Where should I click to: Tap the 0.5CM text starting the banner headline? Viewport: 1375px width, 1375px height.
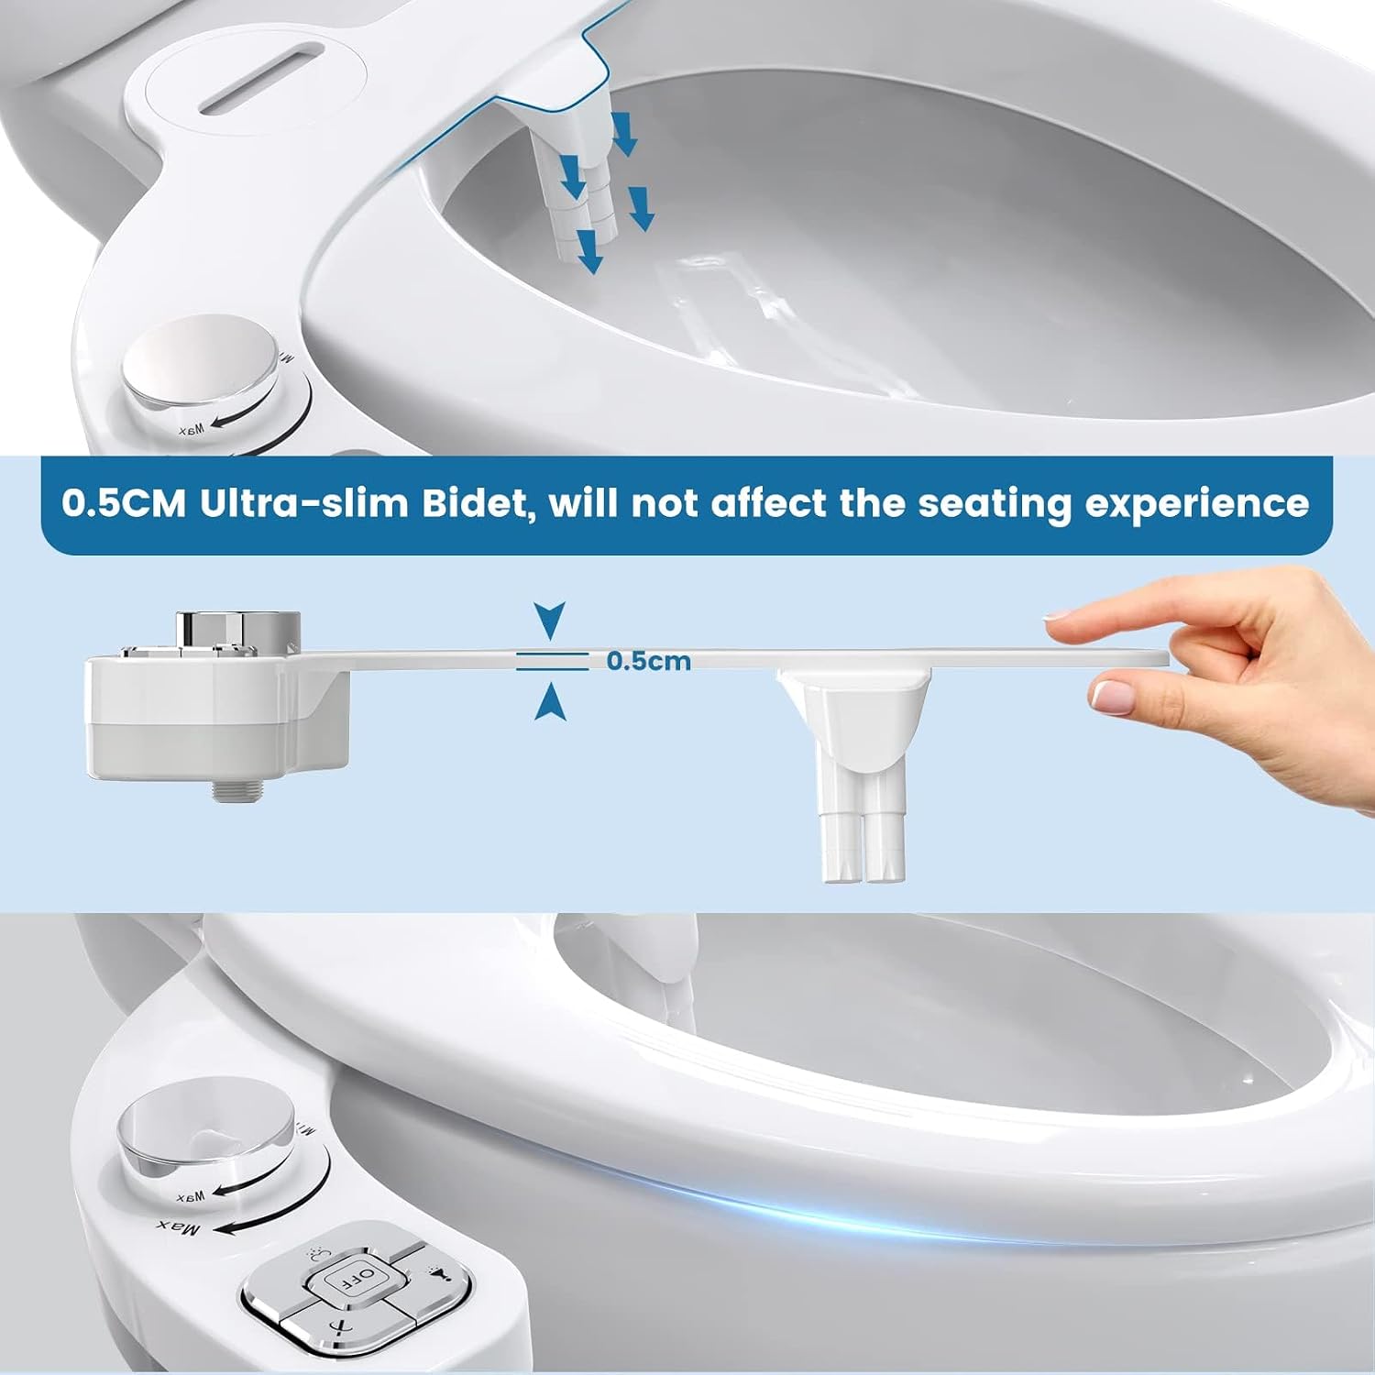point(124,503)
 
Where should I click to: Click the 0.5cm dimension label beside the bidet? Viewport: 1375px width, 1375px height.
point(649,661)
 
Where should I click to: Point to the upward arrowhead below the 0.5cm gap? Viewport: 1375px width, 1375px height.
point(550,702)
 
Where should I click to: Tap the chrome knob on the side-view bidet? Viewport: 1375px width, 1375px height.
point(238,629)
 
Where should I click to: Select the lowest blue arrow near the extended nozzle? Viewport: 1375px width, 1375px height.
point(591,251)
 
